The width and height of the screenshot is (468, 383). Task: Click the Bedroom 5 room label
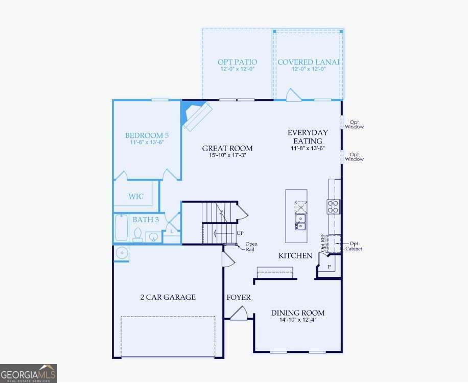click(x=147, y=135)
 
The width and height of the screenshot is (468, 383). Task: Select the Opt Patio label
click(x=237, y=62)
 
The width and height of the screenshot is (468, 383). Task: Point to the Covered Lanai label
click(x=309, y=62)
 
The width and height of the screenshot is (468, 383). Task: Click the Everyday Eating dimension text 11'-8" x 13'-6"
click(x=308, y=148)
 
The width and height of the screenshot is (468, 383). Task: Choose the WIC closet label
click(x=136, y=197)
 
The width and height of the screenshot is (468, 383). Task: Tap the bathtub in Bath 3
click(x=121, y=228)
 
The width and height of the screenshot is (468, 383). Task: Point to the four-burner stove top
click(x=334, y=206)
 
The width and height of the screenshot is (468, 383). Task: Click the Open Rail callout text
click(x=251, y=247)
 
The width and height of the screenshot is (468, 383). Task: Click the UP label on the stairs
click(x=240, y=233)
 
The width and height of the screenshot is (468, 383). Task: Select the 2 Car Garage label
click(x=168, y=297)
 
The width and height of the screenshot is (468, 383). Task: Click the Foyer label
click(x=238, y=297)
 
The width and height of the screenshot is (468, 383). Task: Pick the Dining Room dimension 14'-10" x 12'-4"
click(x=297, y=320)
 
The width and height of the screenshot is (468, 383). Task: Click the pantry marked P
click(x=329, y=267)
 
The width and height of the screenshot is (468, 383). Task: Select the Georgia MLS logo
click(x=29, y=373)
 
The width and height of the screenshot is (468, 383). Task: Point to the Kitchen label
click(x=295, y=255)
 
